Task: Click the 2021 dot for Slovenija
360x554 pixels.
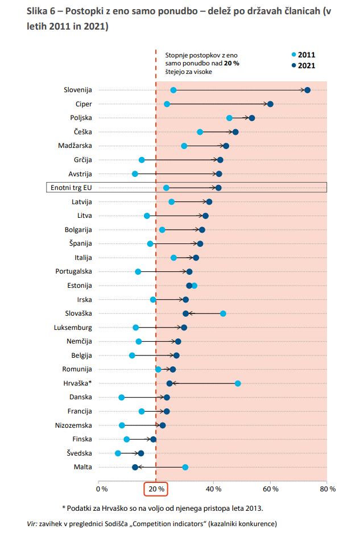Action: click(308, 90)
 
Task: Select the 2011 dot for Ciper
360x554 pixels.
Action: click(167, 104)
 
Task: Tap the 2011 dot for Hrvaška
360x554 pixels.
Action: click(238, 383)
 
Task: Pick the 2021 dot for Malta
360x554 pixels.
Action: click(135, 467)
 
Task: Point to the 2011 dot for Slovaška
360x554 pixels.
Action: click(223, 313)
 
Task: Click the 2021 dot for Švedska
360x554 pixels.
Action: click(141, 453)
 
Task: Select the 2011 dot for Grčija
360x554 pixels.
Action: click(142, 160)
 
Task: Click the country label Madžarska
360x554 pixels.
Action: click(75, 146)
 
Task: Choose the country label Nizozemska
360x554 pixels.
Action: click(73, 425)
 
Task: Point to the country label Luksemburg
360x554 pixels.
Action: click(73, 328)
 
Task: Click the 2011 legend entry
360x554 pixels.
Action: click(303, 55)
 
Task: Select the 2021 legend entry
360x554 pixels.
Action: click(303, 65)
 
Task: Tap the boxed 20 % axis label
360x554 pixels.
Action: click(156, 489)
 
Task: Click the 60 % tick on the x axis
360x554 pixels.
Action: click(270, 489)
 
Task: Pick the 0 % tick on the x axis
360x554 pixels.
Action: click(102, 489)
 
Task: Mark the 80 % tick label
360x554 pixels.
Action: click(328, 489)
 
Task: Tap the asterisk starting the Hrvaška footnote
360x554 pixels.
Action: click(64, 508)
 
